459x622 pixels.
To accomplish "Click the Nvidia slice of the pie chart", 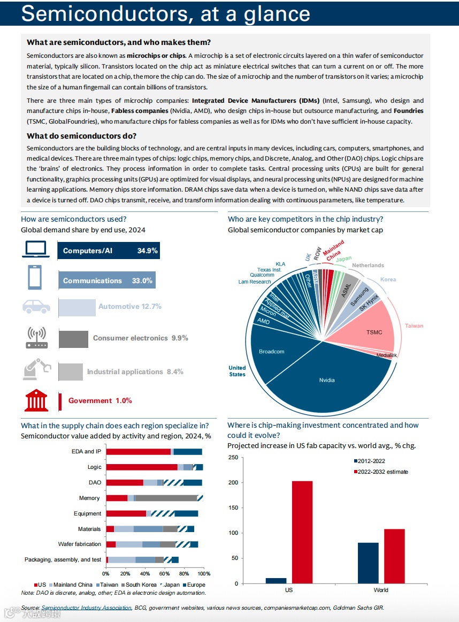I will pos(327,380).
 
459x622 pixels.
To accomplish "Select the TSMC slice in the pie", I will pos(374,332).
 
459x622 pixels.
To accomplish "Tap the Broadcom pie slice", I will pos(272,352).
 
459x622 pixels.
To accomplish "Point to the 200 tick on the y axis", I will pos(233,483).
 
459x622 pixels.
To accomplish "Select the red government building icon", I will pos(36,400).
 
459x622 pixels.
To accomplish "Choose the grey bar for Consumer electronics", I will pos(73,338).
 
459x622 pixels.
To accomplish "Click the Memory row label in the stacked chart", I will pos(89,498).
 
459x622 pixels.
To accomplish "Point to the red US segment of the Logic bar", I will pos(142,467).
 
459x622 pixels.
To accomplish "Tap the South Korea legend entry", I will pos(141,585).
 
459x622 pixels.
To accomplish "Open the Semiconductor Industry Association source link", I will pos(86,608).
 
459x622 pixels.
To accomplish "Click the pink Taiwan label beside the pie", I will pos(414,326).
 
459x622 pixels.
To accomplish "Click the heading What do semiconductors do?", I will pos(81,136).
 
